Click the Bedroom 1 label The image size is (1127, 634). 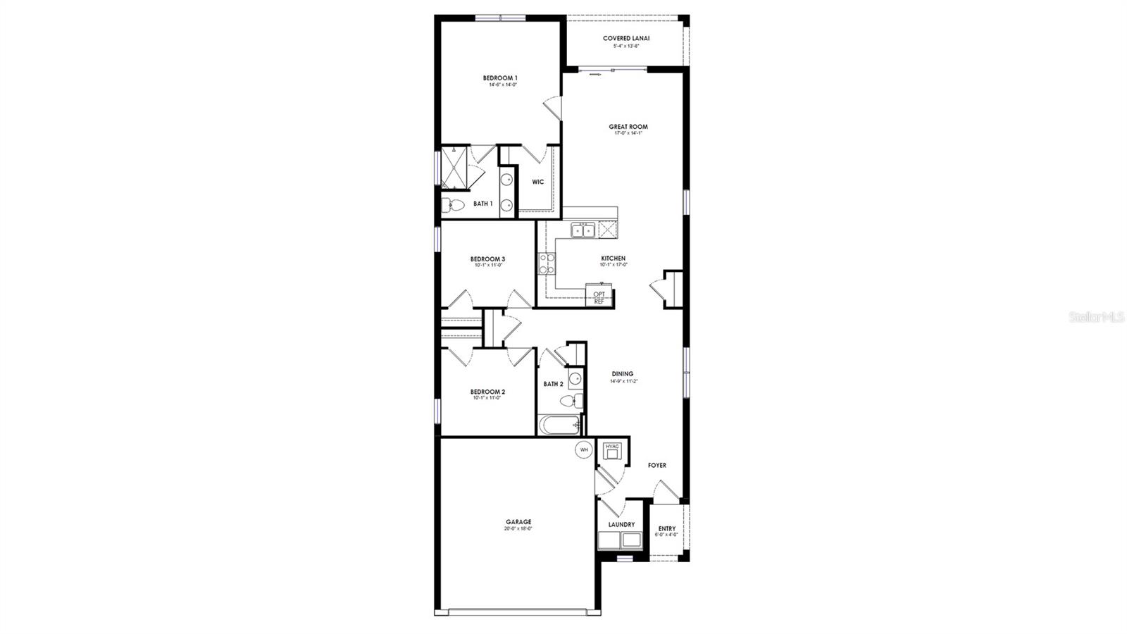pyautogui.click(x=500, y=77)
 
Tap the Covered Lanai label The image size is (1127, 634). pyautogui.click(x=626, y=38)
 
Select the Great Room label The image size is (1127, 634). pyautogui.click(x=628, y=127)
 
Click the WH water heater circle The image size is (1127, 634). pyautogui.click(x=584, y=449)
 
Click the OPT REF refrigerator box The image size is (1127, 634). pyautogui.click(x=599, y=297)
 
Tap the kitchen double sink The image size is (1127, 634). pyautogui.click(x=583, y=230)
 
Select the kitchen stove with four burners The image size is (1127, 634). pyautogui.click(x=547, y=264)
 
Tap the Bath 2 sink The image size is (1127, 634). pyautogui.click(x=575, y=379)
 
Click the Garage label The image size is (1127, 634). pyautogui.click(x=518, y=522)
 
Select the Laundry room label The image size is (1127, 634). pyautogui.click(x=621, y=524)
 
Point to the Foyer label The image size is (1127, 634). pyautogui.click(x=656, y=465)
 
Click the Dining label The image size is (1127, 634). pyautogui.click(x=622, y=374)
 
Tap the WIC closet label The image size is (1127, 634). pyautogui.click(x=538, y=182)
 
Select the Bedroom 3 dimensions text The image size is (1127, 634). pyautogui.click(x=487, y=266)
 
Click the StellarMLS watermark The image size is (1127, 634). pyautogui.click(x=1096, y=318)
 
